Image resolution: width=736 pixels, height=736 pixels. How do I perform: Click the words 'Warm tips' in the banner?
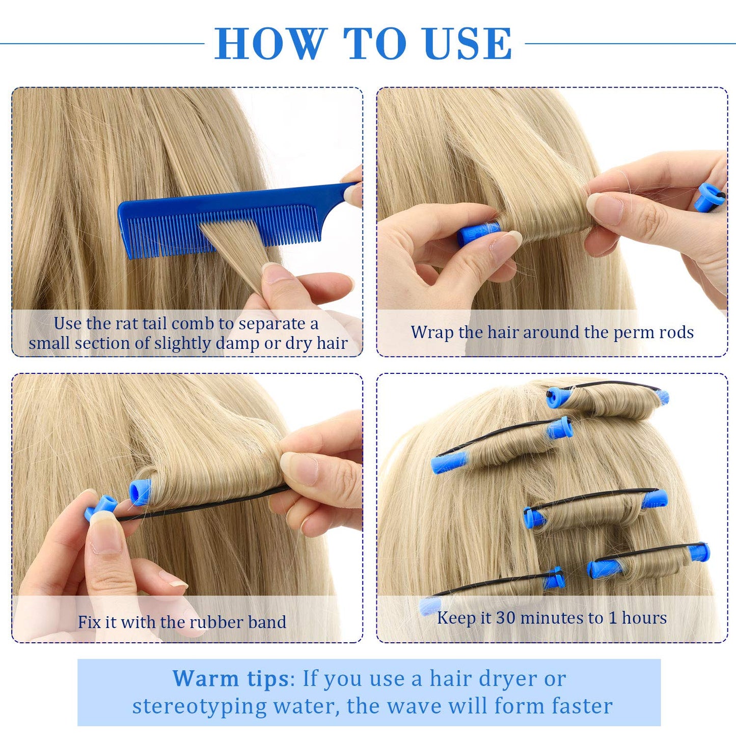click(x=231, y=678)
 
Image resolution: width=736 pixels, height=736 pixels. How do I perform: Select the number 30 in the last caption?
click(x=506, y=617)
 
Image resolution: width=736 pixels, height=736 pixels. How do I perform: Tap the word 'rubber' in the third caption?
click(x=219, y=622)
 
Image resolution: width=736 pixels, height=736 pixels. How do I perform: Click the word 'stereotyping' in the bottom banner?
click(x=199, y=706)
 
